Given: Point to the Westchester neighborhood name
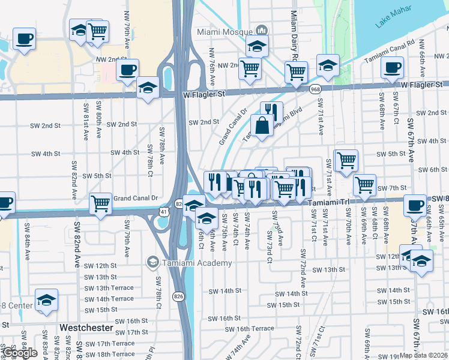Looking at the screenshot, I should click(86, 328).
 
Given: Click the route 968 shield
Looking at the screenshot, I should click(315, 89).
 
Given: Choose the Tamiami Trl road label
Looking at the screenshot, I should click(328, 203).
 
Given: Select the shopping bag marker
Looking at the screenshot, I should click(262, 126).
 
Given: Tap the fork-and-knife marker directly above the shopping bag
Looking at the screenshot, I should click(271, 111).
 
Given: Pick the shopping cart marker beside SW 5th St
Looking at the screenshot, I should click(346, 160).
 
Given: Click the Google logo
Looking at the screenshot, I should click(20, 353).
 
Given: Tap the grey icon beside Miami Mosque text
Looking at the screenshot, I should click(261, 31).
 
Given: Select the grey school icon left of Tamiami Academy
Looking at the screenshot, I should click(152, 263).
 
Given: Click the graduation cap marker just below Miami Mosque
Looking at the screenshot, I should click(257, 45).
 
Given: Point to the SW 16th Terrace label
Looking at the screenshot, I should click(255, 329).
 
